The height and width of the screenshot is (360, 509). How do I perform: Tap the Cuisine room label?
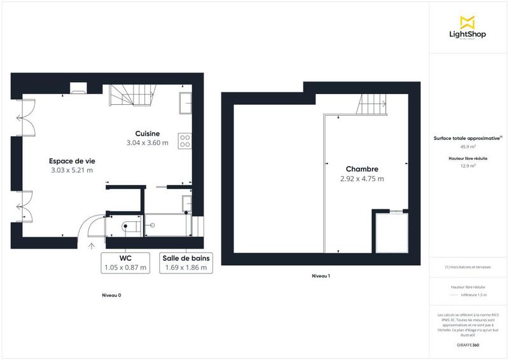(147, 134)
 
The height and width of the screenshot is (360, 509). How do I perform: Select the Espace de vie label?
(71, 161)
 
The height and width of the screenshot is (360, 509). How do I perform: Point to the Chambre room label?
(362, 169)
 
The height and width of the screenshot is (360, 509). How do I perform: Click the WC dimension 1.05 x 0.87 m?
(125, 268)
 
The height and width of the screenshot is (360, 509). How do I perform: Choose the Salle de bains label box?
(185, 263)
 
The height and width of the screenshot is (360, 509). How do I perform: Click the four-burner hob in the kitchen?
(185, 141)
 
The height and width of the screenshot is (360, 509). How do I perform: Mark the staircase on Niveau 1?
(373, 104)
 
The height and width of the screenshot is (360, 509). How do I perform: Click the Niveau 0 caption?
(111, 295)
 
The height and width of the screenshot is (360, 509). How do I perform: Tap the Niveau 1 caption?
(321, 276)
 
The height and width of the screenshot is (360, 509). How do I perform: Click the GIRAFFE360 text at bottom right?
(468, 344)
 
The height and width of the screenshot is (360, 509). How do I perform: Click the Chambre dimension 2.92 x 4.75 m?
(362, 179)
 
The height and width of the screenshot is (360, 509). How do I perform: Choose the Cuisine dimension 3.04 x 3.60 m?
(147, 143)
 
